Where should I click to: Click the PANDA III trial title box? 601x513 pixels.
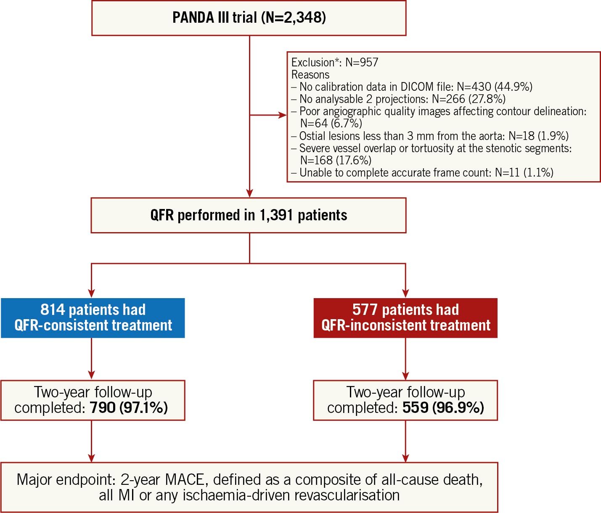tap(249, 18)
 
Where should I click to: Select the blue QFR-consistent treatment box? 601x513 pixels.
tap(93, 317)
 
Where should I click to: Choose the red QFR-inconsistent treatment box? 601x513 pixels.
tap(405, 317)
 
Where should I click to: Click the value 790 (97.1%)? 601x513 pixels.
tap(129, 407)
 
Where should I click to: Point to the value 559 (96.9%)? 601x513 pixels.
tap(443, 407)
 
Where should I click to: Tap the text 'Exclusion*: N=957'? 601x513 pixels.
tap(335, 62)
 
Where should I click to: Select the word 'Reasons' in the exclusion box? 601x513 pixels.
tap(310, 74)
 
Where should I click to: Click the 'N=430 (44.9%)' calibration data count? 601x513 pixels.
tap(495, 87)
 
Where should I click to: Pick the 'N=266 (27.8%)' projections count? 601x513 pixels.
tap(469, 99)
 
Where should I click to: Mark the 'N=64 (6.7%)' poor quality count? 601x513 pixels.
tap(331, 123)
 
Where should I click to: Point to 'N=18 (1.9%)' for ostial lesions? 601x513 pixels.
tap(538, 136)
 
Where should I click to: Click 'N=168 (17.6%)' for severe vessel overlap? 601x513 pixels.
tap(336, 160)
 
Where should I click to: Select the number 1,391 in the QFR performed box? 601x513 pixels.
tap(276, 215)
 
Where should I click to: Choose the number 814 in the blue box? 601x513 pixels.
tap(53, 309)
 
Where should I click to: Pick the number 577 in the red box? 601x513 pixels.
tap(365, 309)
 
